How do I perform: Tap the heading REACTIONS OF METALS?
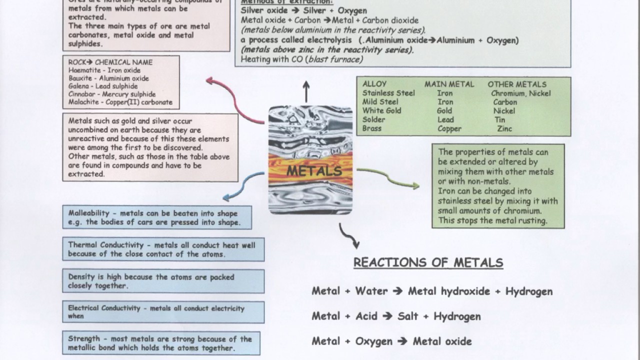(x=428, y=262)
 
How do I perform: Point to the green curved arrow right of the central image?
(x=388, y=177)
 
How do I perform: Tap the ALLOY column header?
(x=374, y=84)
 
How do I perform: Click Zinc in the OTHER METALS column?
(x=504, y=128)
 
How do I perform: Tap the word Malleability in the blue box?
(x=89, y=213)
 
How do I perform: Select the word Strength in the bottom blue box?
(x=84, y=339)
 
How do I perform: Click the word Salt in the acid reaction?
(x=408, y=316)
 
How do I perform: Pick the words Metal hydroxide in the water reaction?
(x=449, y=291)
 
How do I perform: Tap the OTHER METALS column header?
(x=517, y=84)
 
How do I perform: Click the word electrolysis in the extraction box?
(x=331, y=40)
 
